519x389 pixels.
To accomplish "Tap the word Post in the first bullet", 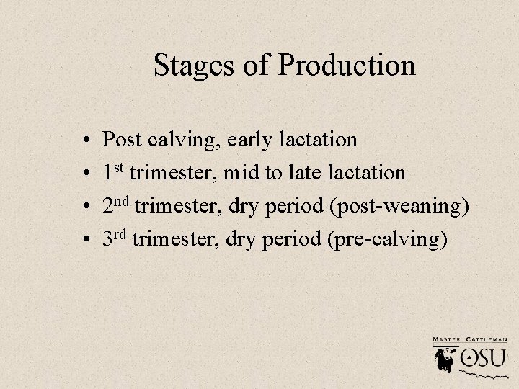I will tap(123, 138).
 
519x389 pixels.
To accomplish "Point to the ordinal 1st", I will tap(113, 172).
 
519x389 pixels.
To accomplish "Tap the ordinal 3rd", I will tap(115, 239).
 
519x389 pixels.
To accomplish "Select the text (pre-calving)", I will tap(387, 241).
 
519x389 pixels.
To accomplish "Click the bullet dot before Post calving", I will tap(85, 140).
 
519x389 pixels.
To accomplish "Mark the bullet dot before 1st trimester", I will tap(85, 174).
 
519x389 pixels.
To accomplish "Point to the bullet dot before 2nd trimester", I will tap(85, 207).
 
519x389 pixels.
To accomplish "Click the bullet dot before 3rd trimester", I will tap(85, 241).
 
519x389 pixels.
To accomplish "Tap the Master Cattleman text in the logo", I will tap(469, 338).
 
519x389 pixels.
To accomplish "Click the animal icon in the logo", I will tap(443, 358).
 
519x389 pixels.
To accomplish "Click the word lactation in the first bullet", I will tap(321, 138).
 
